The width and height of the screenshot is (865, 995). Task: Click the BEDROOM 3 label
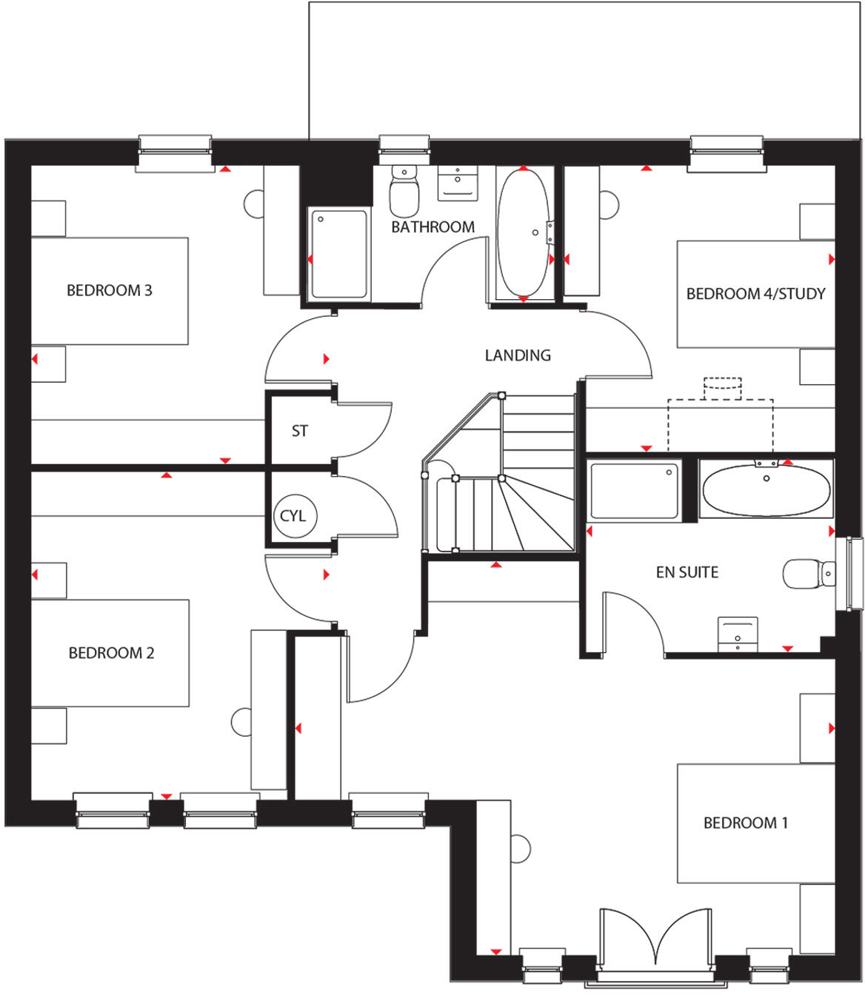pos(109,290)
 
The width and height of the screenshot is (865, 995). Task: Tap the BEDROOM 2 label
pos(111,653)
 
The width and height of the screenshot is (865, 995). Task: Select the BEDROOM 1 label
pos(745,823)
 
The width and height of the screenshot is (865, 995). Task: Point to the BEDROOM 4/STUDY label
pos(755,294)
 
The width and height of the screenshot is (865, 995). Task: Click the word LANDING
pos(518,355)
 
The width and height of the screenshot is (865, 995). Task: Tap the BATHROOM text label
pos(432,227)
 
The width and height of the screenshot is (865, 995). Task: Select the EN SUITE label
pos(687,572)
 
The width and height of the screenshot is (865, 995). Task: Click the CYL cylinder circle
pos(293,516)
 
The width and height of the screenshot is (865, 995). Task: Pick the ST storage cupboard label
pos(299,431)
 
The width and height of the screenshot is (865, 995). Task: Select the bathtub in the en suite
pos(766,489)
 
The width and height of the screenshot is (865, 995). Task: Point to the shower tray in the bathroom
pos(338,254)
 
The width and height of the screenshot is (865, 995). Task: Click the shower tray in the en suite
pos(634,491)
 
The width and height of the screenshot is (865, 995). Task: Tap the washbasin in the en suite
pos(738,634)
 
